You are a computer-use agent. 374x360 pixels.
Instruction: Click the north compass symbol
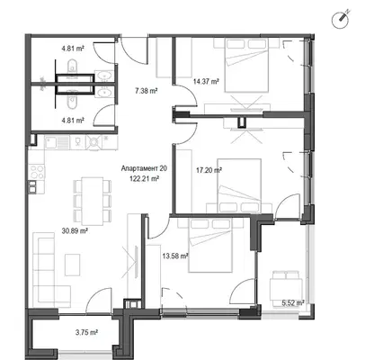tap(341, 20)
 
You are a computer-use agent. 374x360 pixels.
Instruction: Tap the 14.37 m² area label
tap(206, 81)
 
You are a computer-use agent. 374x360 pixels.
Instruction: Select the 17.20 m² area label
tap(209, 170)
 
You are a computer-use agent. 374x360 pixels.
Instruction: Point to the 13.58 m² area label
tap(175, 256)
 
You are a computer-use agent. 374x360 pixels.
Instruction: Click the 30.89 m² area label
tap(75, 231)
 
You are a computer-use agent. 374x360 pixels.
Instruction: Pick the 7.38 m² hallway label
tap(147, 91)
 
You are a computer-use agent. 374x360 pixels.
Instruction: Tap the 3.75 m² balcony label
tap(87, 332)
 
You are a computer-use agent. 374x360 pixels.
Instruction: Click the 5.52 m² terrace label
tap(293, 303)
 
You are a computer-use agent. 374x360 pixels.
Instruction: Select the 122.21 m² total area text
tap(144, 179)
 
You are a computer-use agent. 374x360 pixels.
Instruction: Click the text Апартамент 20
tap(144, 168)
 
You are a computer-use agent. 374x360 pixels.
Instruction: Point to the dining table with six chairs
tap(93, 201)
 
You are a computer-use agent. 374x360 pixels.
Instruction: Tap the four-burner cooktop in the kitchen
tap(37, 172)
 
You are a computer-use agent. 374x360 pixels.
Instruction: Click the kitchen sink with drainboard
tap(58, 141)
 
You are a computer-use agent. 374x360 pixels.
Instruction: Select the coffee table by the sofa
tap(73, 265)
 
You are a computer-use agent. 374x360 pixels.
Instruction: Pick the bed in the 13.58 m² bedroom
tap(210, 245)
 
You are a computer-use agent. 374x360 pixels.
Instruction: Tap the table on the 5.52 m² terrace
tap(286, 289)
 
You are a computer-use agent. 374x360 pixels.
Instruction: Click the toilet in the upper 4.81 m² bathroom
tap(72, 66)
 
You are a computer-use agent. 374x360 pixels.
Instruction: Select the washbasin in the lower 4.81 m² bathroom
tap(104, 93)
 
